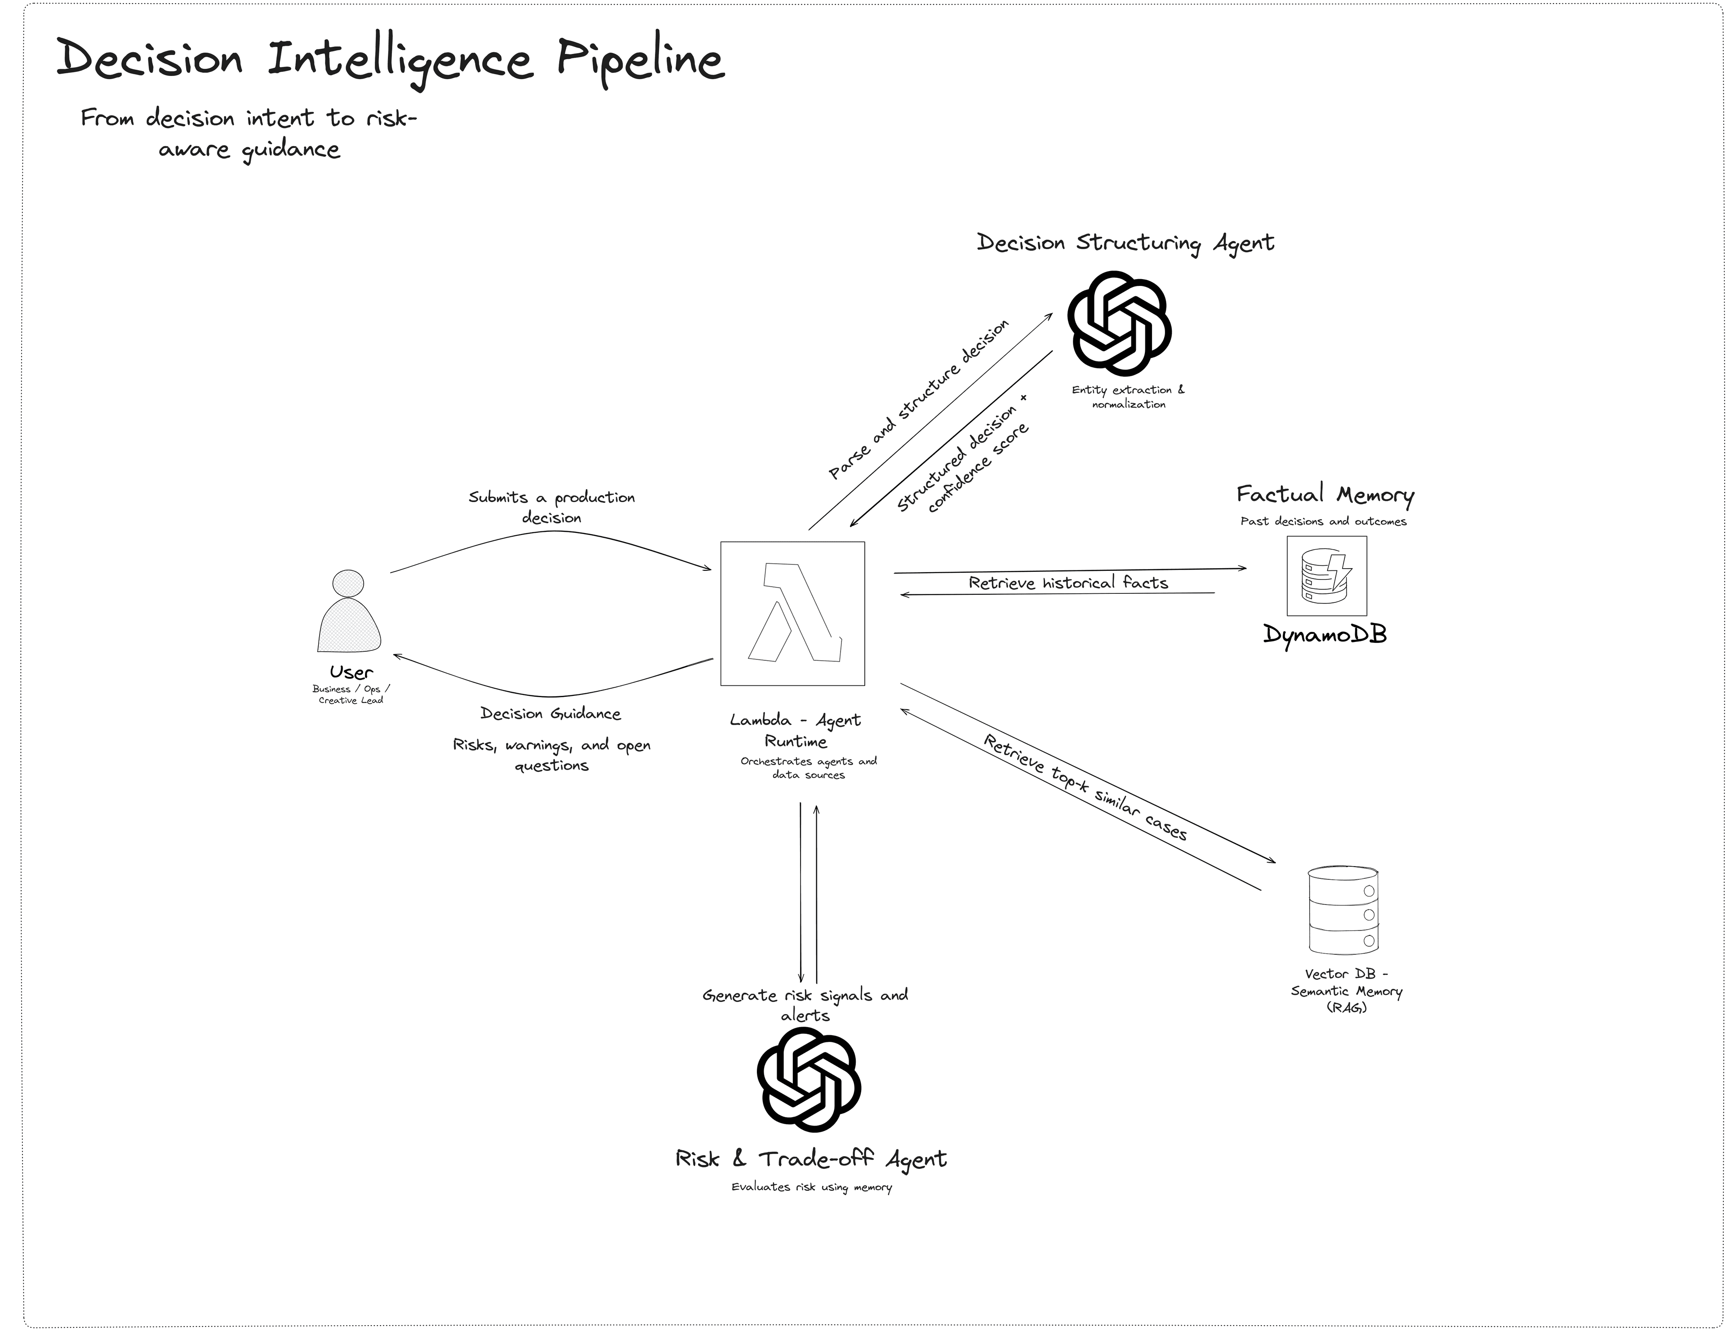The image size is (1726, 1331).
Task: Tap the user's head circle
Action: coord(348,583)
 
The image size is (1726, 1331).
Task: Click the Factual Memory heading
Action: coord(1325,495)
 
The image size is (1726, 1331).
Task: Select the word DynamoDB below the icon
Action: coord(1325,634)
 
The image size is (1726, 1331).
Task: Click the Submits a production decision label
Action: coord(552,507)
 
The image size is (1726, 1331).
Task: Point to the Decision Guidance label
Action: coord(551,714)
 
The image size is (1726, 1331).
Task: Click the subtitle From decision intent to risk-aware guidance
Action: coord(249,133)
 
